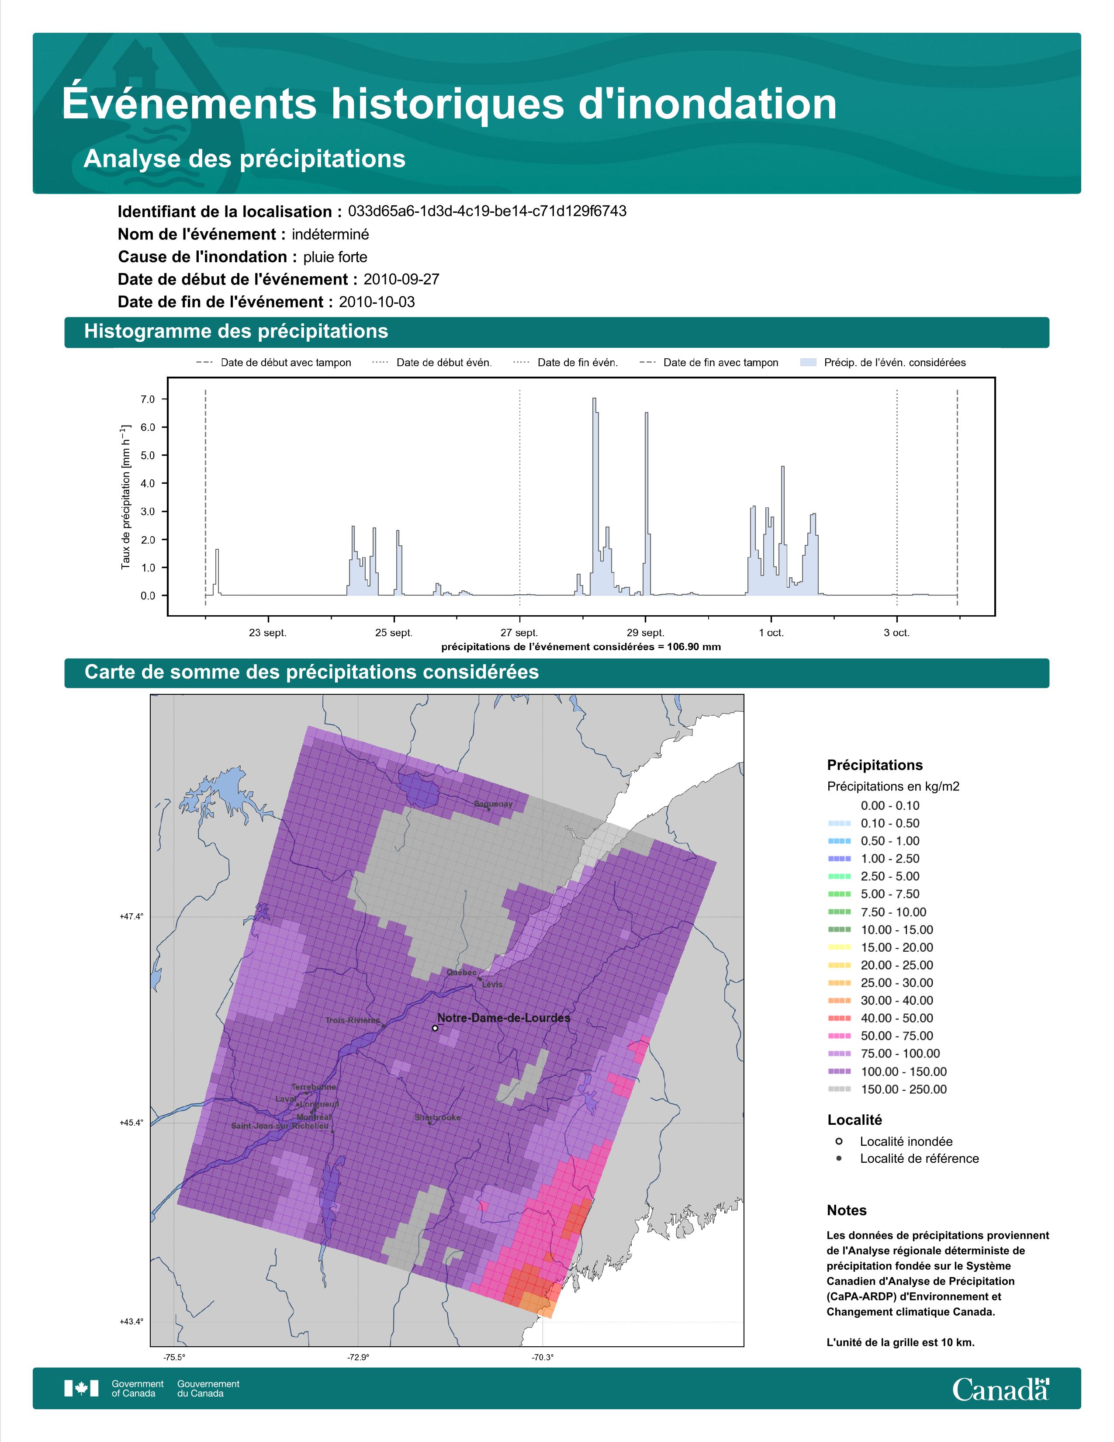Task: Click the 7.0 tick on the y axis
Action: point(147,399)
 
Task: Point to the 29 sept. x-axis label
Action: point(645,633)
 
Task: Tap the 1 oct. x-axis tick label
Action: point(771,633)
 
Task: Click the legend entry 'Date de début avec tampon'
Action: point(286,363)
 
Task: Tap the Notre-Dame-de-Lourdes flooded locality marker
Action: point(435,1028)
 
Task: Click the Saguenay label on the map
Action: point(493,804)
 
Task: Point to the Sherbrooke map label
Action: point(438,1118)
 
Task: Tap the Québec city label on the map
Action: point(461,973)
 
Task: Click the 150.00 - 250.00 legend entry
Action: point(903,1089)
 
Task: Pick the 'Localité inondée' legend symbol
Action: point(839,1141)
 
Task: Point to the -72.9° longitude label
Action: point(358,1358)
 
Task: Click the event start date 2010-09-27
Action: point(401,279)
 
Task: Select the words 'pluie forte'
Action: point(335,257)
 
